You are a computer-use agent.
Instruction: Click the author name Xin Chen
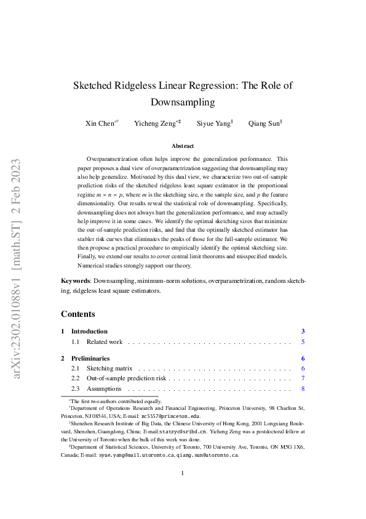(x=100, y=123)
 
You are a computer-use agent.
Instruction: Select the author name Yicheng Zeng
(x=156, y=123)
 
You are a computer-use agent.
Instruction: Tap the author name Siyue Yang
(x=213, y=123)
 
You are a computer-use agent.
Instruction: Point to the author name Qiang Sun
(x=263, y=123)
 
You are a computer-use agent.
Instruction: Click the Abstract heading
(x=183, y=146)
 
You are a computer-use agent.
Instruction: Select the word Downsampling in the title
(x=183, y=102)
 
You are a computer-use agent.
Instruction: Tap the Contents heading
(x=78, y=314)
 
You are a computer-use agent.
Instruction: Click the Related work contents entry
(x=105, y=341)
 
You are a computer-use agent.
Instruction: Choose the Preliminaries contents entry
(x=90, y=358)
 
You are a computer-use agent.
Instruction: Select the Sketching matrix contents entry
(x=110, y=369)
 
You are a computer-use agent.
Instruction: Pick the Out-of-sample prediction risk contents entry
(x=127, y=378)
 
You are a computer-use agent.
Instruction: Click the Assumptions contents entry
(x=104, y=389)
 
